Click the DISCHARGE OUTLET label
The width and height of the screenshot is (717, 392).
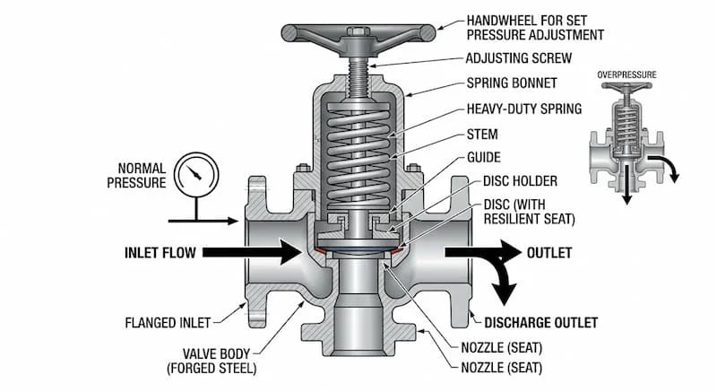pos(540,322)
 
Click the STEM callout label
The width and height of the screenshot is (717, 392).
pos(482,135)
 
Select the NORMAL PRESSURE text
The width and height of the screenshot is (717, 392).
pos(142,176)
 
